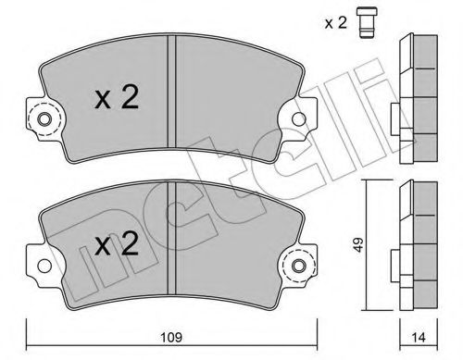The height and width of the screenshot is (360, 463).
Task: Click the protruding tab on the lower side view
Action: coord(395,264)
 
